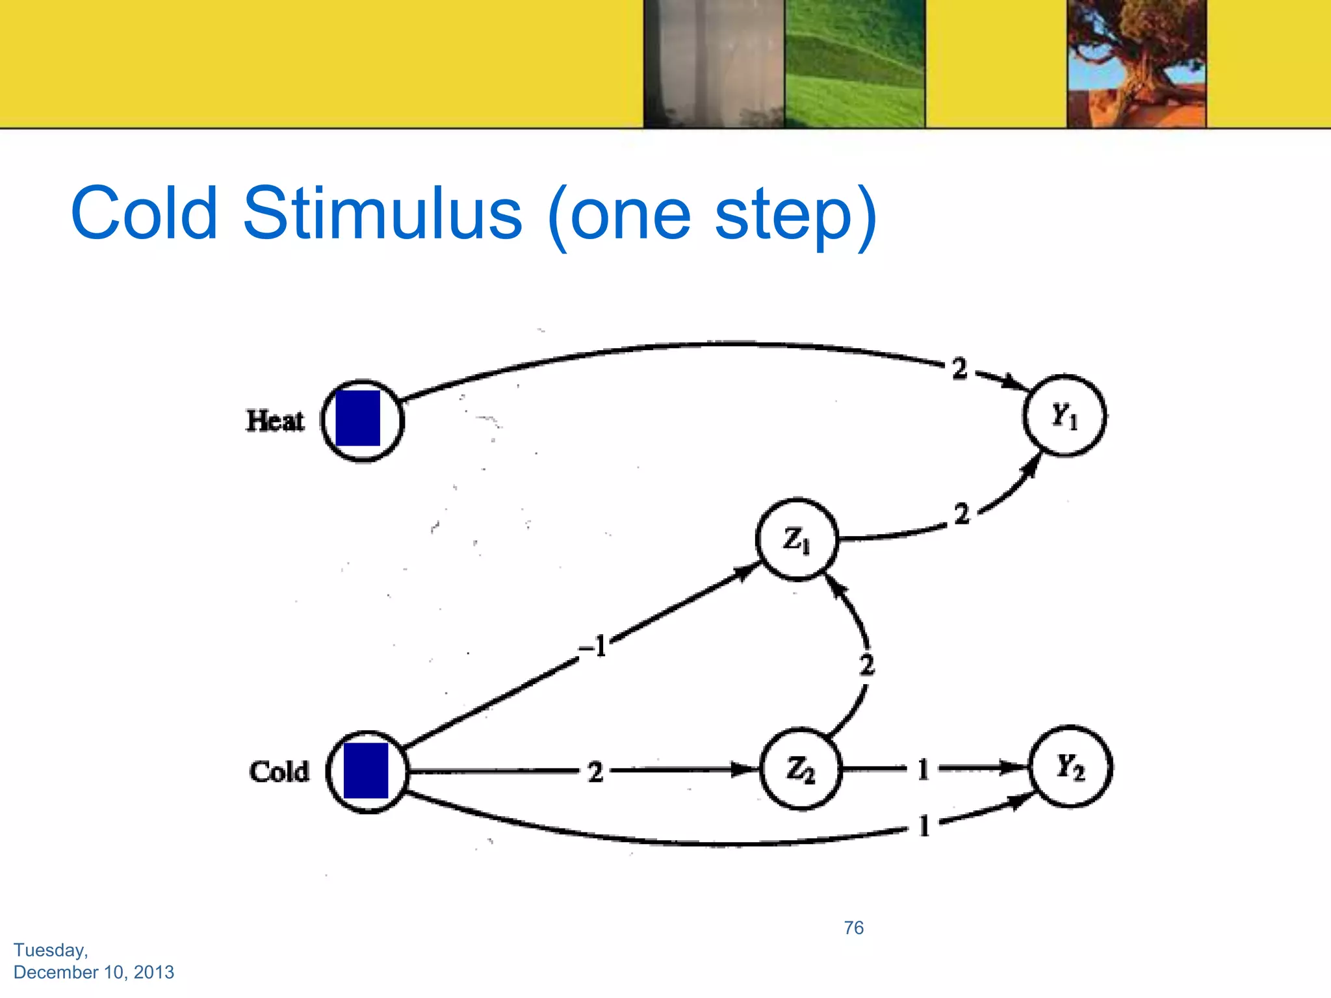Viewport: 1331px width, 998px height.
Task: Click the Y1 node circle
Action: click(x=1064, y=415)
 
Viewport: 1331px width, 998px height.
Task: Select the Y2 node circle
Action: click(x=1070, y=767)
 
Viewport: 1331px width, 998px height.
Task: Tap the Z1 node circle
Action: click(x=797, y=539)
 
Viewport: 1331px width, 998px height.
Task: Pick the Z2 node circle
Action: click(x=800, y=769)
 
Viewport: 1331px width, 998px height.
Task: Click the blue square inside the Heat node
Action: click(x=357, y=418)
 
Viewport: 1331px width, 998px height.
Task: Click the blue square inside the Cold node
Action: click(x=365, y=771)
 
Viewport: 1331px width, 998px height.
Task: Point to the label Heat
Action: click(x=275, y=420)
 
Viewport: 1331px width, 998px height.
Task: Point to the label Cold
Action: click(x=279, y=772)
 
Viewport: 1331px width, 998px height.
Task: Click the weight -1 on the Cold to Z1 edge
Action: click(x=593, y=646)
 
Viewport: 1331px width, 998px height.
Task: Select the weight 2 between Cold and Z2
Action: click(x=595, y=772)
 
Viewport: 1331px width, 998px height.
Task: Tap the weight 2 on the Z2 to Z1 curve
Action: click(x=866, y=665)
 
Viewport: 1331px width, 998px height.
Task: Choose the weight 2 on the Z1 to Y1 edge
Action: click(x=961, y=514)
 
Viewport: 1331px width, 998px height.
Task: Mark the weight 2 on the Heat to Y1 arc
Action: click(x=959, y=368)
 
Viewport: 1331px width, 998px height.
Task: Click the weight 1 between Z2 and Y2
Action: click(x=923, y=769)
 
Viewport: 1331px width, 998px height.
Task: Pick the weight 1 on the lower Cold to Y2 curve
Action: click(x=924, y=826)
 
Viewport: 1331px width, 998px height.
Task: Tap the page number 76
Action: click(x=853, y=927)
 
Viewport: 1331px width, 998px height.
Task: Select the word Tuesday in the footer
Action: click(x=51, y=950)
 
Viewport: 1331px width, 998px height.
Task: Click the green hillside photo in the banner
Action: click(x=854, y=63)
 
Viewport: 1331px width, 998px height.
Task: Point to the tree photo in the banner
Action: click(x=1136, y=63)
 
